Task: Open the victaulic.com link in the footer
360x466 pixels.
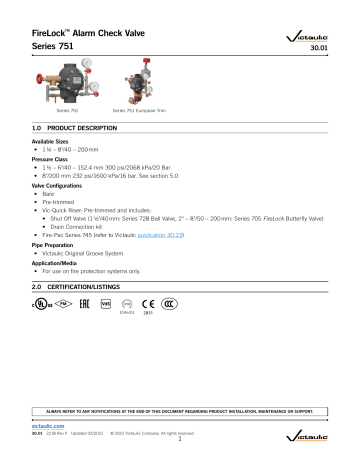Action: [x=37, y=425]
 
